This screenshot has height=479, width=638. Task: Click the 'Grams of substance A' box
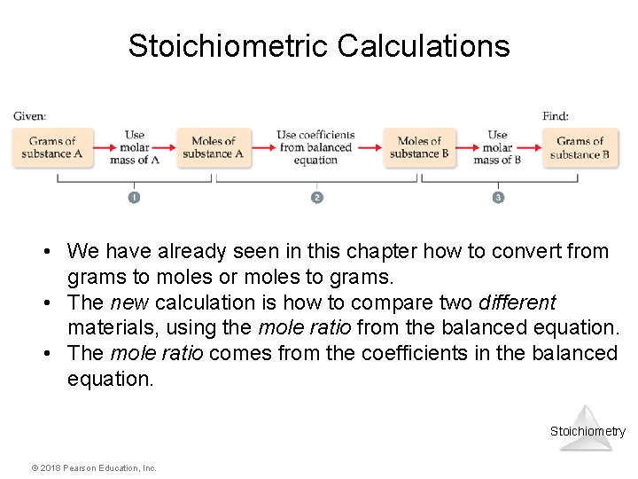click(51, 147)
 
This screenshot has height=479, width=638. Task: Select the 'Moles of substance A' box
click(214, 147)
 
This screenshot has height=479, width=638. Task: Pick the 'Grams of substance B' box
click(580, 147)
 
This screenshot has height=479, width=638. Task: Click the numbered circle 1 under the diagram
click(134, 197)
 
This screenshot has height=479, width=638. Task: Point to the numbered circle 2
click(317, 197)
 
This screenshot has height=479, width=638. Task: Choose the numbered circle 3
click(498, 197)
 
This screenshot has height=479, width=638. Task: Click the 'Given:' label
click(30, 116)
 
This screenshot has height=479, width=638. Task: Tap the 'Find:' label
click(556, 116)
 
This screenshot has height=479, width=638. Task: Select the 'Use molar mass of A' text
click(135, 147)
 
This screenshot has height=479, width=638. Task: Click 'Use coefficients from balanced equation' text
click(315, 147)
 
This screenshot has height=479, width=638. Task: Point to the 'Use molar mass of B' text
click(498, 147)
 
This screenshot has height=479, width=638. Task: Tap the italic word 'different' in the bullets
click(515, 302)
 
